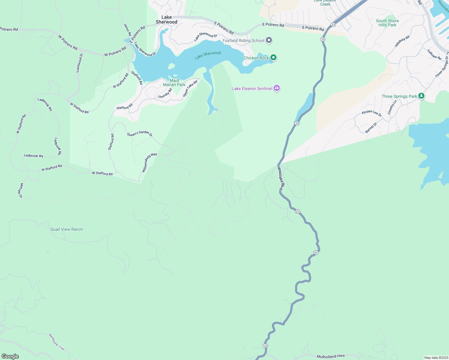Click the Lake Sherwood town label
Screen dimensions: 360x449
pyautogui.click(x=167, y=19)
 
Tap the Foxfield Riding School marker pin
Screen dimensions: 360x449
pyautogui.click(x=269, y=40)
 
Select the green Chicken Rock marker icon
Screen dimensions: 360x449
pyautogui.click(x=273, y=57)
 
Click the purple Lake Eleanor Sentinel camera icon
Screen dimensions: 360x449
pyautogui.click(x=277, y=88)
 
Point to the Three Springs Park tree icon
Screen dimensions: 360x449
pyautogui.click(x=421, y=96)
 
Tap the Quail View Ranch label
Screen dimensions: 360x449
pyautogui.click(x=67, y=229)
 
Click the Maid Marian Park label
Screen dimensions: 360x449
pyautogui.click(x=174, y=82)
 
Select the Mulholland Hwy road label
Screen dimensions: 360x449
pyautogui.click(x=331, y=356)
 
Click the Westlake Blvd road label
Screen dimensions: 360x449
pyautogui.click(x=280, y=178)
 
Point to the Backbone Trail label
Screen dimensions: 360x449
pyautogui.click(x=57, y=342)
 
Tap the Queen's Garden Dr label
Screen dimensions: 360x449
pyautogui.click(x=140, y=133)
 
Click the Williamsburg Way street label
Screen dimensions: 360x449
pyautogui.click(x=149, y=162)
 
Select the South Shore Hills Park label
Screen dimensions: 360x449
pyautogui.click(x=387, y=23)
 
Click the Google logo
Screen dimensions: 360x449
pyautogui.click(x=10, y=356)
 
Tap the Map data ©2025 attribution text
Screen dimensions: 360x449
pyautogui.click(x=436, y=358)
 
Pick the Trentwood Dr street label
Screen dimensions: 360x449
pyautogui.click(x=80, y=63)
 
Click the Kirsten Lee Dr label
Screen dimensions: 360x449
pyautogui.click(x=372, y=113)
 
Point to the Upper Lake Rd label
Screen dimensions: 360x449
pyautogui.click(x=190, y=88)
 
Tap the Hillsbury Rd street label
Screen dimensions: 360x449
pyautogui.click(x=402, y=41)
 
